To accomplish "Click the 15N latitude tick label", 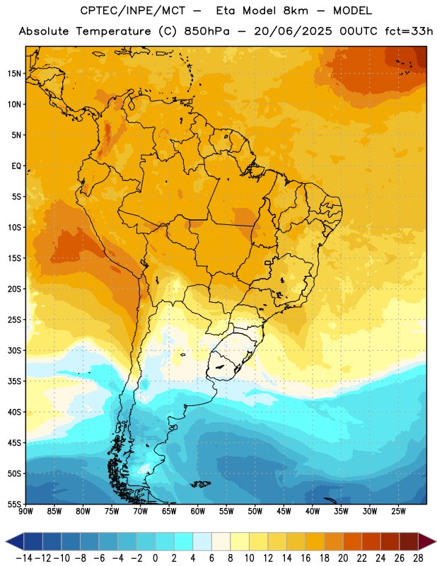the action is point(14,74).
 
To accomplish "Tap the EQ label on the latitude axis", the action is point(16,166).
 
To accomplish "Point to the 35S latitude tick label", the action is point(14,381).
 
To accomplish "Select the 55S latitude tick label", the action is point(14,504).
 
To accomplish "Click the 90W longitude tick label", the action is point(25,512).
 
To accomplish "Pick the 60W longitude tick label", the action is point(198,512).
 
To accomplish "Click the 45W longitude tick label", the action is point(284,512).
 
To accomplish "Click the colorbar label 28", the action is point(418,558).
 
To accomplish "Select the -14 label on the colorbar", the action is point(24,558).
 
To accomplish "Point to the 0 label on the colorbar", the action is point(155,558).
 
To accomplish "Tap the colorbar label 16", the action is point(305,558).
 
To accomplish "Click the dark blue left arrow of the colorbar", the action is point(14,541).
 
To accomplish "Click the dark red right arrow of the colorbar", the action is point(427,541).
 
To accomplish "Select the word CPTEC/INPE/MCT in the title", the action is point(132,11).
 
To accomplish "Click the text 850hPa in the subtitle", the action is point(206,31).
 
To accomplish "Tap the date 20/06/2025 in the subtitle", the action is point(293,31).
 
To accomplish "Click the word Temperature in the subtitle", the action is point(113,31).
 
